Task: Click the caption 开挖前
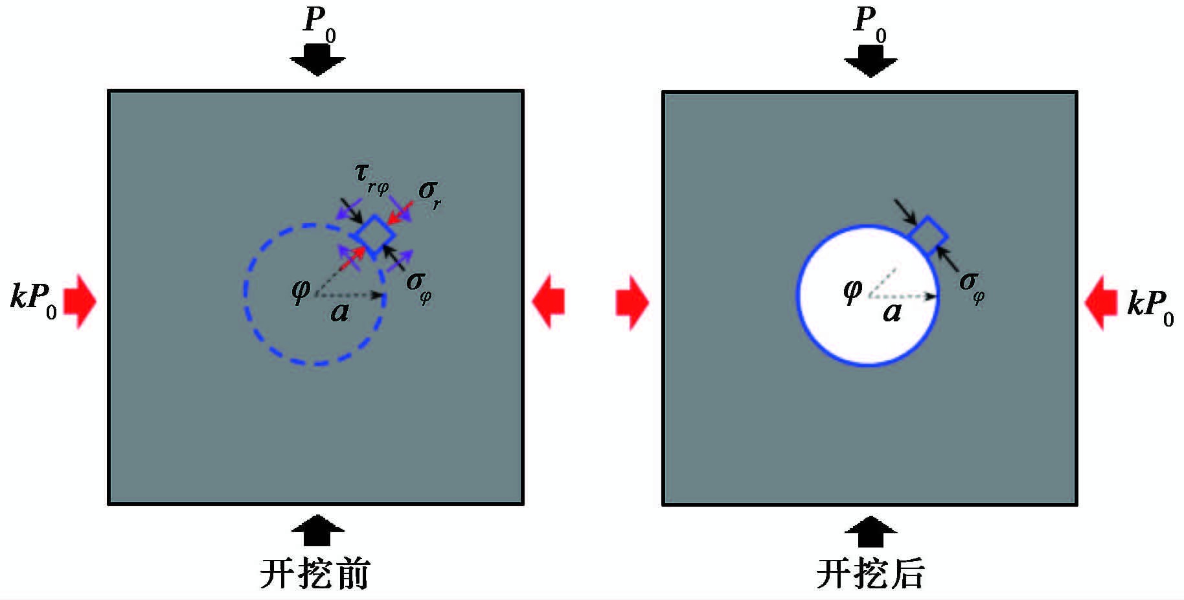(315, 573)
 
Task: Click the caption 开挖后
(870, 573)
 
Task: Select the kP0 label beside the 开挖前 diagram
(34, 301)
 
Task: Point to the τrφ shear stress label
(371, 178)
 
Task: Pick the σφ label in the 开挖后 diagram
(972, 286)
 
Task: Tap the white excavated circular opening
(867, 295)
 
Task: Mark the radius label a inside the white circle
(892, 312)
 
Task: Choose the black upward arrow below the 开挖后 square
(871, 532)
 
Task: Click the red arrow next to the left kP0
(80, 301)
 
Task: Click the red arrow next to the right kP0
(1100, 303)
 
